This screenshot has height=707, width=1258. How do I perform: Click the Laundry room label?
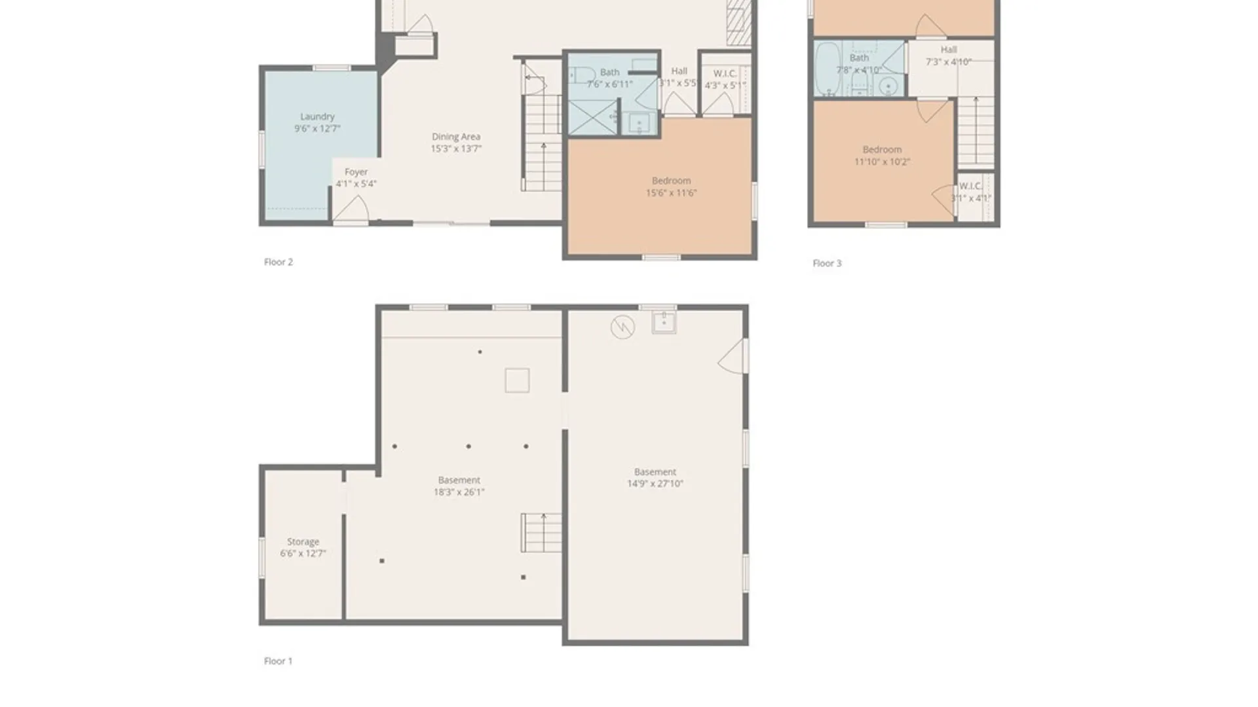pos(317,117)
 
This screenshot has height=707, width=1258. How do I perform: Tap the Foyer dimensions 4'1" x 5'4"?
pos(356,184)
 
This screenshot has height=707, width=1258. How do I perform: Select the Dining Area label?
pos(456,137)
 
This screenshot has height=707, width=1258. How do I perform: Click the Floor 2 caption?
pos(278,262)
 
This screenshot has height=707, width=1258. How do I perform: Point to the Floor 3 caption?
pos(827,263)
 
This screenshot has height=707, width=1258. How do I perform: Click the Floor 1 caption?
pos(278,661)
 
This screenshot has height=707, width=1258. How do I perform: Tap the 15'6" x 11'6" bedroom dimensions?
pos(671,193)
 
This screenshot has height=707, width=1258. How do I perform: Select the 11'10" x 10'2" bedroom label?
pos(882,150)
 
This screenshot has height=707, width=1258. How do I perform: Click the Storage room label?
pos(303,542)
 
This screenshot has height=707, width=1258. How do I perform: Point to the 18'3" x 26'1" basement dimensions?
pos(459,492)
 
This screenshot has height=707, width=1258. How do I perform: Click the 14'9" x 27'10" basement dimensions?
pos(655,484)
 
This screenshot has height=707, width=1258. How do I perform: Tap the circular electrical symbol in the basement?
pos(622,327)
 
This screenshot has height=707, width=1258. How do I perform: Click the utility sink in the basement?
pos(664,322)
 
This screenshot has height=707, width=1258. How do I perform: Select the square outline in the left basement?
pos(517,380)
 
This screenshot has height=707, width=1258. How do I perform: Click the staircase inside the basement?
pos(541,532)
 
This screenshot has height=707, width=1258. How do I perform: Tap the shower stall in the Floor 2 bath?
pos(592,118)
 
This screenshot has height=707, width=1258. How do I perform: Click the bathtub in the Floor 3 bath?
pos(828,69)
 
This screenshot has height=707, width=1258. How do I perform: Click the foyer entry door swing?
pos(351,209)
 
